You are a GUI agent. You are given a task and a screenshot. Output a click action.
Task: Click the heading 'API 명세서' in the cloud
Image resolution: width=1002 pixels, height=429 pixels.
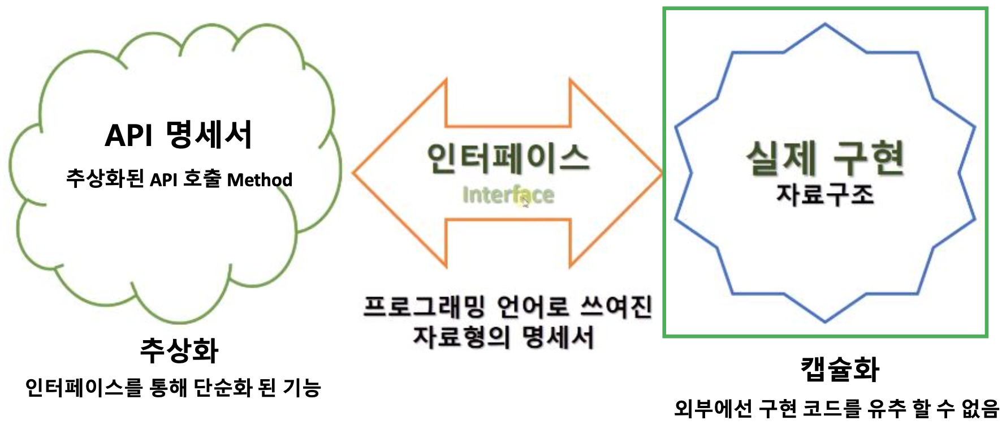[x=178, y=135]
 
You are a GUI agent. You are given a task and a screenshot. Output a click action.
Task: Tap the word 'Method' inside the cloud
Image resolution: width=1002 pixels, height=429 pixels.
[x=260, y=180]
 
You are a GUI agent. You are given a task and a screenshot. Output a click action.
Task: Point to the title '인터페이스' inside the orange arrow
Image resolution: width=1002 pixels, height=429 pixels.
[x=508, y=158]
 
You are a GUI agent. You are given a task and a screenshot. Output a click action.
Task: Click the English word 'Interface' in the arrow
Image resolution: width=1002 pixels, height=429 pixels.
[x=508, y=195]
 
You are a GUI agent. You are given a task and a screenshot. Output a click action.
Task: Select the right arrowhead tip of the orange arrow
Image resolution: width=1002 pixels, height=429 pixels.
[x=660, y=173]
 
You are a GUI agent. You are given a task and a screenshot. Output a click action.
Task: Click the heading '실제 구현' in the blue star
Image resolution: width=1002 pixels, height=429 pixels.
[x=825, y=158]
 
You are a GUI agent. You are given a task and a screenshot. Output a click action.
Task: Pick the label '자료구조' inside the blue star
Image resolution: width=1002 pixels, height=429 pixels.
[x=825, y=194]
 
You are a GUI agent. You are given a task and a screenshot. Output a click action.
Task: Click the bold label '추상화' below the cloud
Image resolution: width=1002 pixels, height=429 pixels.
[x=179, y=350]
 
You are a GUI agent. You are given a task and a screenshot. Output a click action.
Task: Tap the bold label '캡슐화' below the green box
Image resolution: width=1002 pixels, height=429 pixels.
[x=840, y=369]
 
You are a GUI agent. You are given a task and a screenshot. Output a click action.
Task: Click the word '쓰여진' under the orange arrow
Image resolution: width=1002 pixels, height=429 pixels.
[x=617, y=307]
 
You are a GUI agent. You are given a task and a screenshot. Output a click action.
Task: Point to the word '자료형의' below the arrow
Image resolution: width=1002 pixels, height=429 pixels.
[x=461, y=337]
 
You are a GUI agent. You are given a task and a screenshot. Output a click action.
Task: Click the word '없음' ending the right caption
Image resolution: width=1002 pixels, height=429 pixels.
[x=981, y=409]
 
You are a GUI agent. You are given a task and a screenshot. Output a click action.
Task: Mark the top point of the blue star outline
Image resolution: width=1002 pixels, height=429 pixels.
[x=825, y=24]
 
